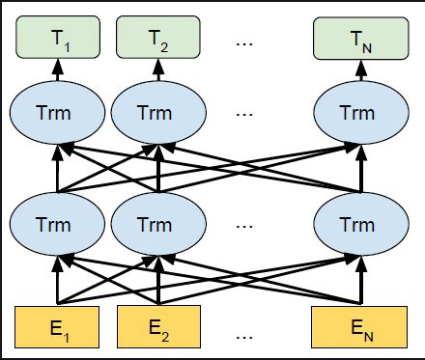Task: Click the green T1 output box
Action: click(x=55, y=39)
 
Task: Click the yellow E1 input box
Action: click(x=55, y=325)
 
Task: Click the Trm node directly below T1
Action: click(x=55, y=113)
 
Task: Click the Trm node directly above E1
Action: click(x=55, y=223)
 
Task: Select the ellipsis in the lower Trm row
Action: click(x=244, y=224)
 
